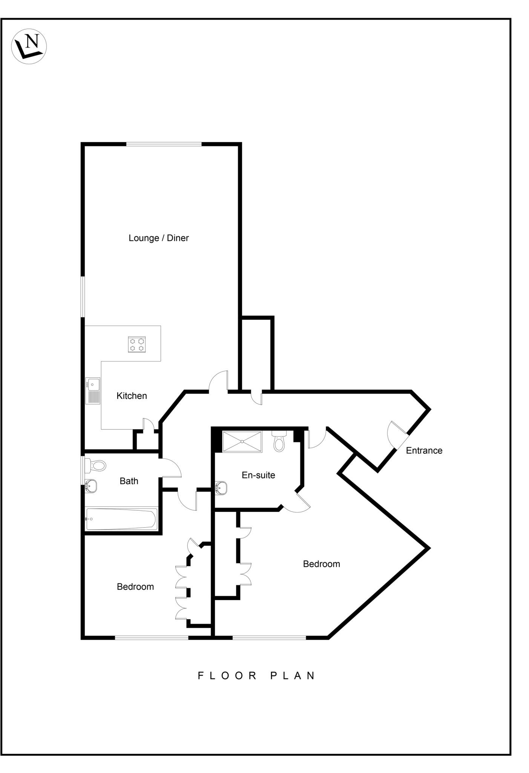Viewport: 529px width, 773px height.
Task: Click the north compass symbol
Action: click(x=29, y=46)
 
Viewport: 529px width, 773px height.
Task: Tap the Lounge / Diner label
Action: click(x=158, y=238)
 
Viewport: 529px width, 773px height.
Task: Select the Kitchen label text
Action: click(x=132, y=396)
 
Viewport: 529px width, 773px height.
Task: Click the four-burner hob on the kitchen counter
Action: click(x=136, y=344)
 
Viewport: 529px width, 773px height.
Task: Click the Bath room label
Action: click(x=129, y=481)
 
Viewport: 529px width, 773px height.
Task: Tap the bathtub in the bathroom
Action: click(x=121, y=519)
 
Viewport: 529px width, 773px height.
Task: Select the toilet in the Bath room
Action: click(x=96, y=465)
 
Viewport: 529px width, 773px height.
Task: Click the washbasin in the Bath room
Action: click(x=91, y=486)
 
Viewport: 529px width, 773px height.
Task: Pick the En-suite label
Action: click(x=258, y=475)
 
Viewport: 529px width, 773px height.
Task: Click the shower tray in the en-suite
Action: click(x=242, y=441)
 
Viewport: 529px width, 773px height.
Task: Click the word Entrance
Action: click(x=424, y=451)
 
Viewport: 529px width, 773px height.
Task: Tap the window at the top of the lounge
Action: click(x=164, y=144)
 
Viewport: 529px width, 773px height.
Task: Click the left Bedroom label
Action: click(x=135, y=587)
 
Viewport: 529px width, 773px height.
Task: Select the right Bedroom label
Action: click(x=321, y=564)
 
